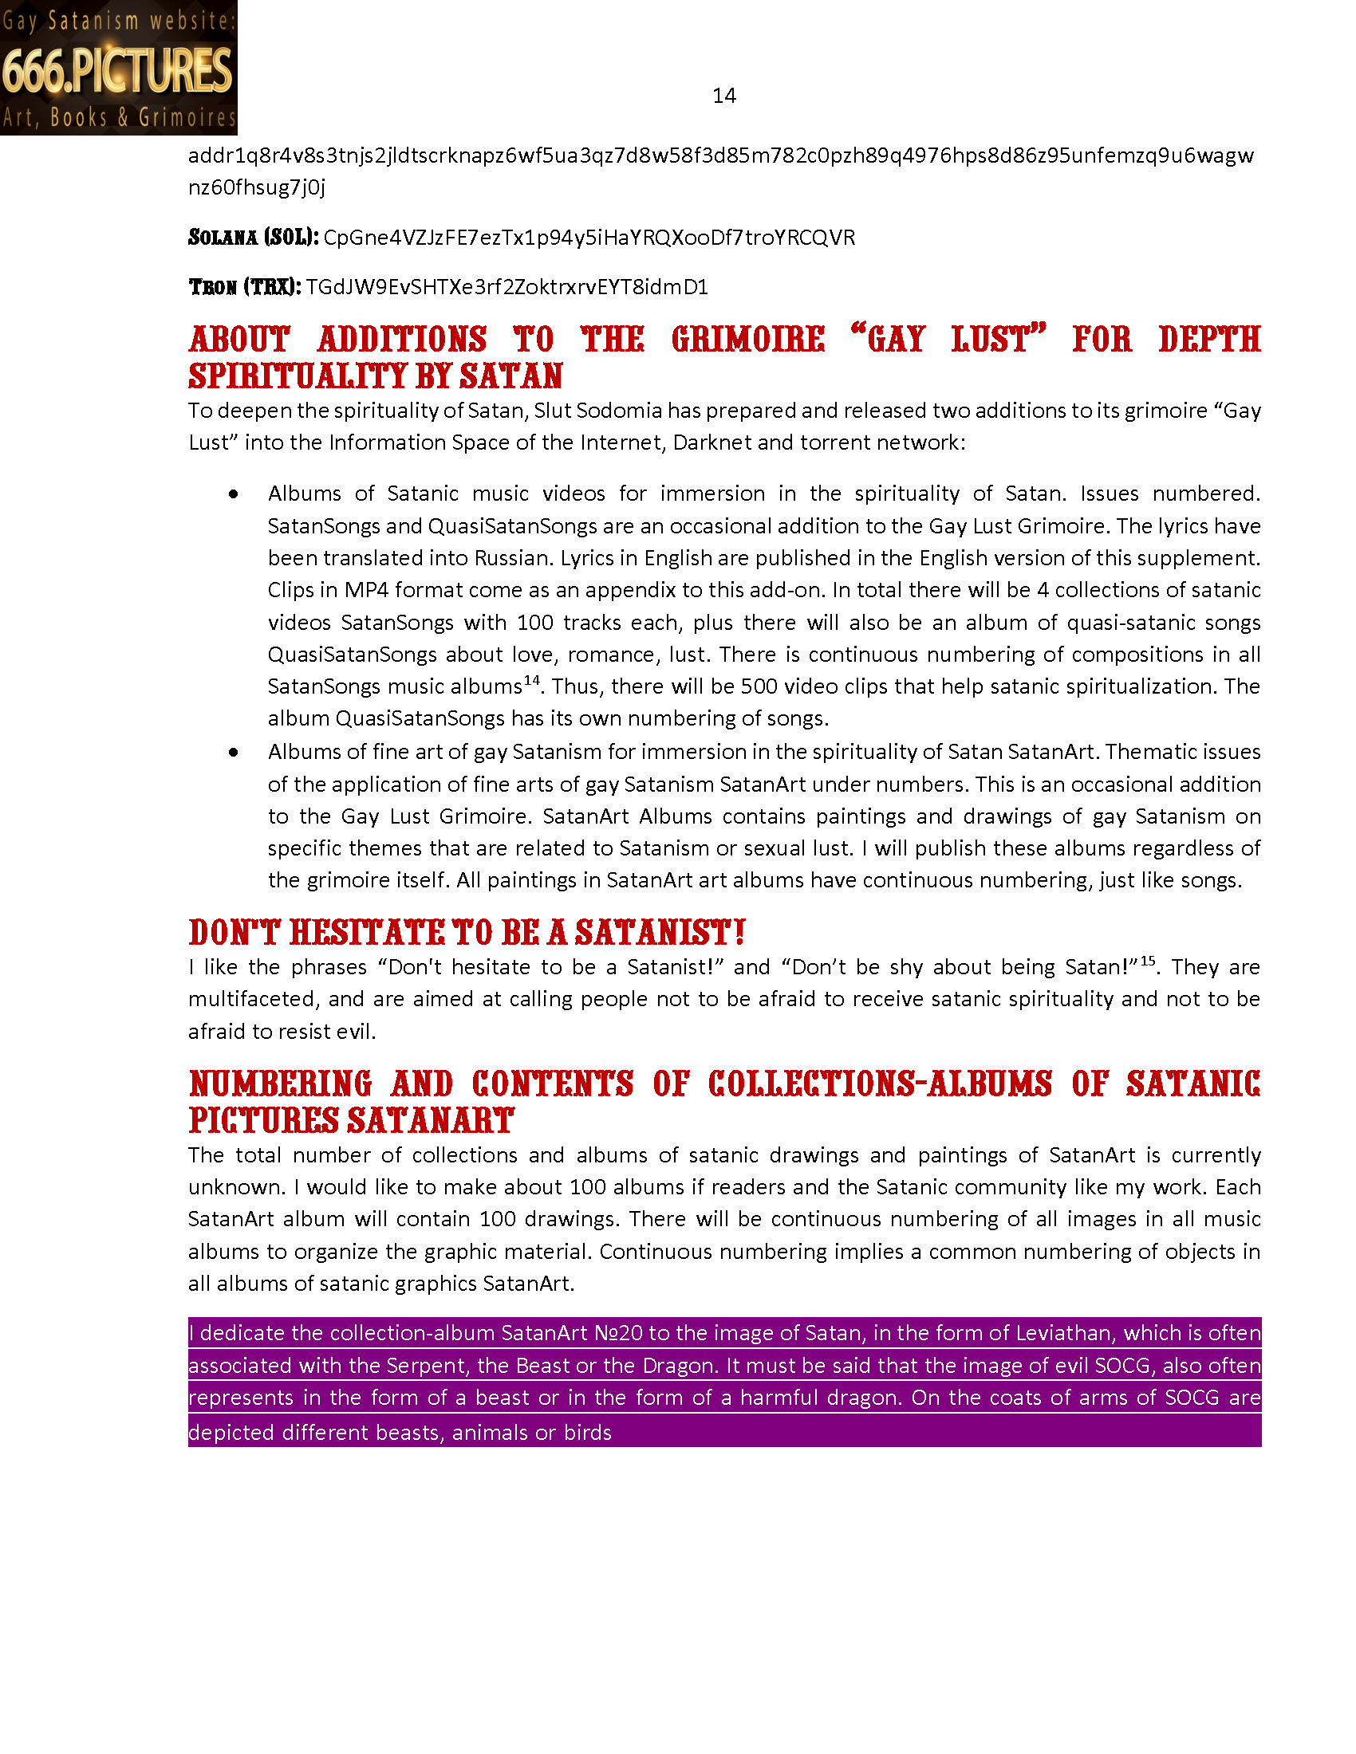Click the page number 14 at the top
click(x=723, y=96)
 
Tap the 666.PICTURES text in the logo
click(x=117, y=71)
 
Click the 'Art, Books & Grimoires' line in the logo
click(x=119, y=117)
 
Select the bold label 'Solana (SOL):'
click(x=253, y=238)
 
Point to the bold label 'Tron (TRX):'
click(x=244, y=288)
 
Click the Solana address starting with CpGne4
click(x=589, y=238)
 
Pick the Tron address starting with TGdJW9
click(x=507, y=288)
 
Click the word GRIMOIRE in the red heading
click(x=748, y=340)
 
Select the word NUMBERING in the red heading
click(x=280, y=1084)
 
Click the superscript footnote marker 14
click(x=532, y=680)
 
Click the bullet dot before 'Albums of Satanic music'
click(x=233, y=495)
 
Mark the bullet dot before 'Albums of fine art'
click(x=233, y=753)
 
